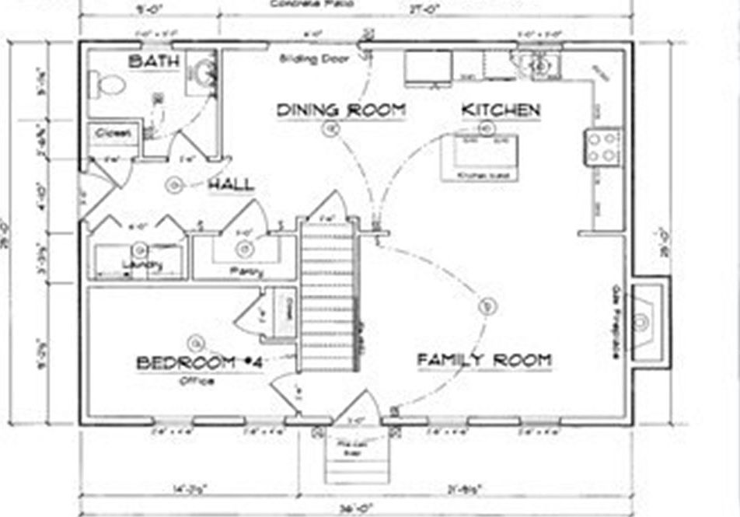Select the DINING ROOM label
[341, 110]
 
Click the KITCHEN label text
[501, 110]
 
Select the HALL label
[230, 185]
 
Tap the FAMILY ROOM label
[484, 361]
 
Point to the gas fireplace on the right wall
[644, 320]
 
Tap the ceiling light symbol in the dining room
[330, 131]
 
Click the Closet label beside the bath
[114, 134]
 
